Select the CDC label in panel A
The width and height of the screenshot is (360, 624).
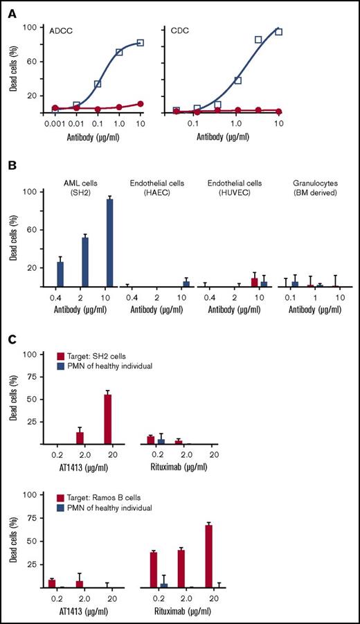pyautogui.click(x=181, y=31)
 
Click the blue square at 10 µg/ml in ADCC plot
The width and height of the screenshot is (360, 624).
pyautogui.click(x=141, y=43)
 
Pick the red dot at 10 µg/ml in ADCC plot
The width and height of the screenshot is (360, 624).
pyautogui.click(x=141, y=104)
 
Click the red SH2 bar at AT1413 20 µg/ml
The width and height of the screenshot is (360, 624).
pyautogui.click(x=107, y=419)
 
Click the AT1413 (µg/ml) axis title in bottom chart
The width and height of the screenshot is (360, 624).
pyautogui.click(x=82, y=610)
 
